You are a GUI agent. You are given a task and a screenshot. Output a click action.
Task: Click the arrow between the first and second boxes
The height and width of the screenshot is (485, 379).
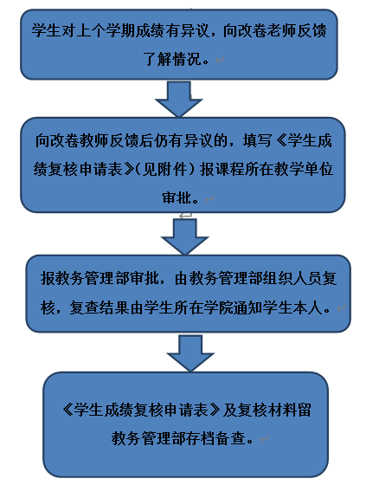click(x=178, y=99)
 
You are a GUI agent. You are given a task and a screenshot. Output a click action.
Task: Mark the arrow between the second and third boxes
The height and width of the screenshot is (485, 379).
click(x=184, y=236)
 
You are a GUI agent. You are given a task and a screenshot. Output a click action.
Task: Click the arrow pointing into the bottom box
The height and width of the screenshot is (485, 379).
click(x=190, y=353)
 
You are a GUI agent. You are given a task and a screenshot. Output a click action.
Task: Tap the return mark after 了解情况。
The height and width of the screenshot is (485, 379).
click(x=220, y=60)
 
